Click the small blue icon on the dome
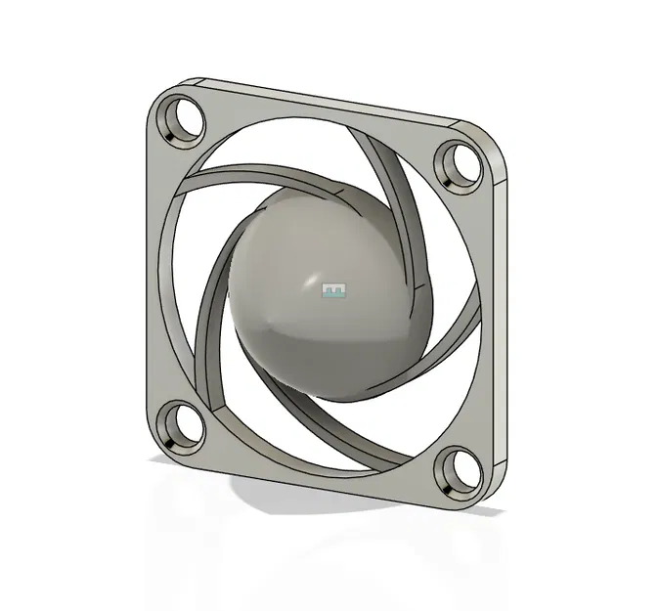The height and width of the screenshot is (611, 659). coord(334,290)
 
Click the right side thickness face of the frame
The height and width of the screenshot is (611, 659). coord(503,323)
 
